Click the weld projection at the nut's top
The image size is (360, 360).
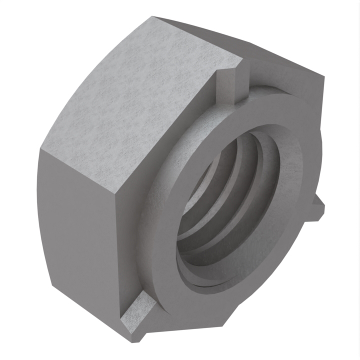click(229, 83)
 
